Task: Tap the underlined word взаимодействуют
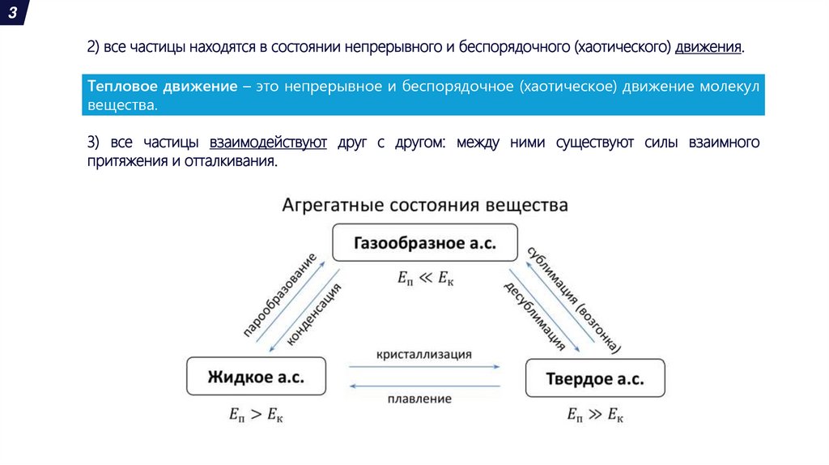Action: [x=268, y=143]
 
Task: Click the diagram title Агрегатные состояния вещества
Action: [x=424, y=205]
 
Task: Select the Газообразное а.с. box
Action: [x=424, y=243]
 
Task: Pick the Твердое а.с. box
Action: [x=596, y=378]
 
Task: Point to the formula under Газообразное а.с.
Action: [x=425, y=279]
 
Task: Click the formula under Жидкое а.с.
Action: [x=256, y=416]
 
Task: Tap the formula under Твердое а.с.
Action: [x=595, y=416]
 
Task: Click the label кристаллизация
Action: [x=423, y=355]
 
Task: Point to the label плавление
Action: [x=419, y=399]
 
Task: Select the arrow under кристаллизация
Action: [x=424, y=367]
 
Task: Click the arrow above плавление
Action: [x=424, y=386]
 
